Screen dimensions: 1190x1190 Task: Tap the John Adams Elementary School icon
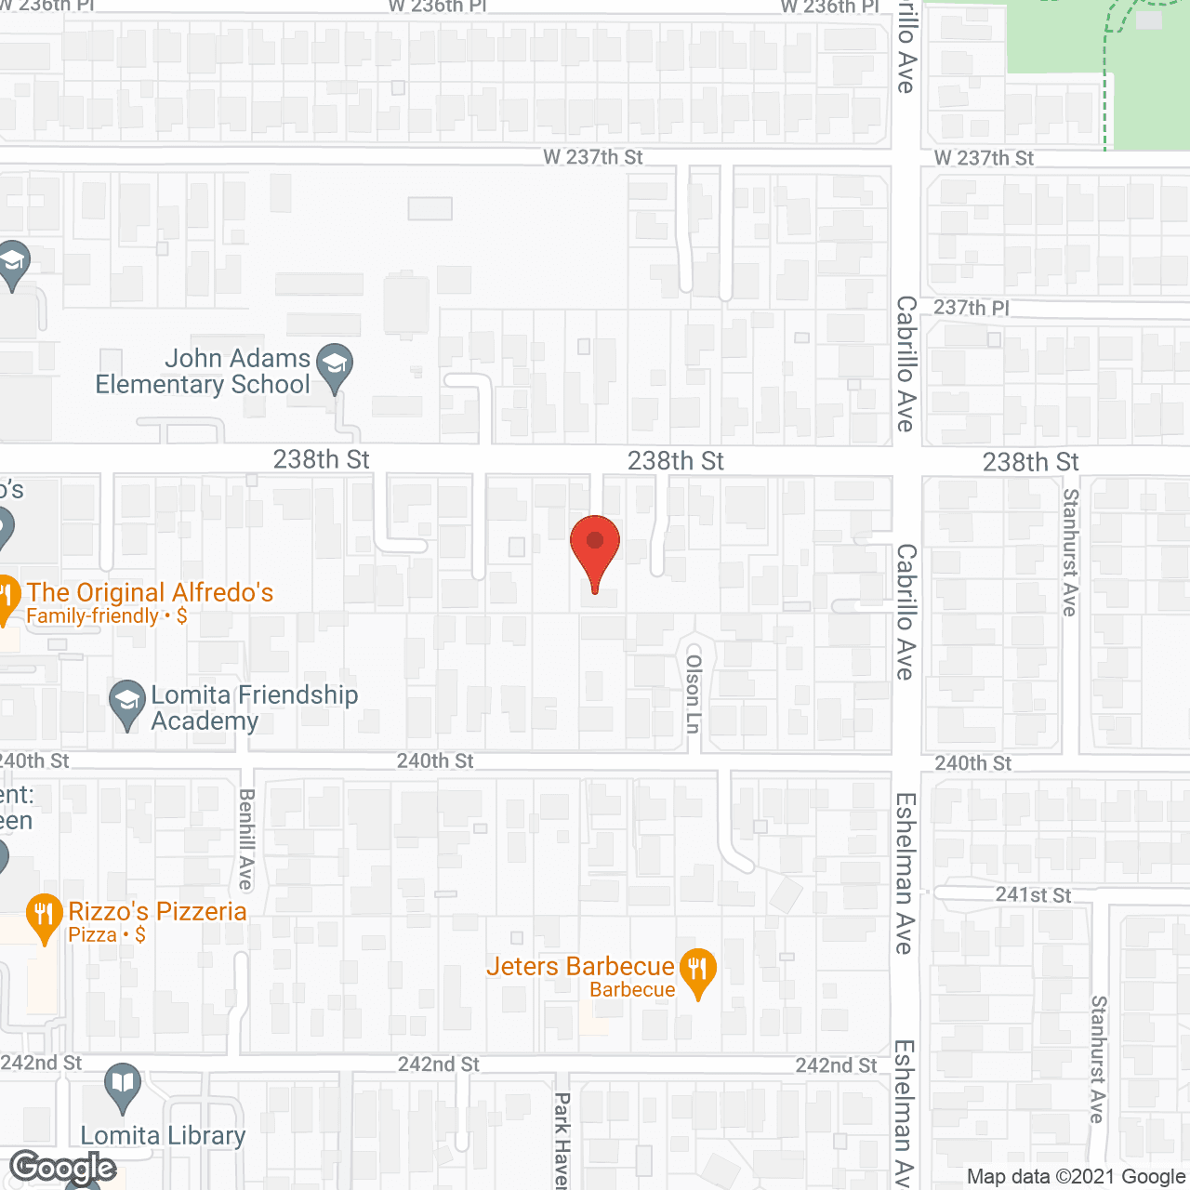click(335, 365)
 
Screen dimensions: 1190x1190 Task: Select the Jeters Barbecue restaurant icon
click(698, 971)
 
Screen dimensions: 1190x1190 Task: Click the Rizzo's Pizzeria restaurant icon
click(44, 916)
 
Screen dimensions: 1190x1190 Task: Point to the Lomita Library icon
click(123, 1085)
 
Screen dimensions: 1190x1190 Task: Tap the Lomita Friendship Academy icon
click(126, 703)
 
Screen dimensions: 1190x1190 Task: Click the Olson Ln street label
click(693, 694)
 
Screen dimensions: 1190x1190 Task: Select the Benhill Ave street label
click(246, 839)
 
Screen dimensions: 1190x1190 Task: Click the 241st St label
click(1033, 895)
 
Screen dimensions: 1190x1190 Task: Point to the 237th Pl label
click(971, 308)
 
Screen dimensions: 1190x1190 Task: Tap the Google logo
click(63, 1168)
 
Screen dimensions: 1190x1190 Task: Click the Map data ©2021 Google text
click(1076, 1177)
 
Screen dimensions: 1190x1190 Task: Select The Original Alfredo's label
click(150, 592)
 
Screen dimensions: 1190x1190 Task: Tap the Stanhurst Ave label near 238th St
click(1070, 552)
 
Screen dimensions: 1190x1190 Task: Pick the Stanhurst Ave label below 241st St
click(1099, 1059)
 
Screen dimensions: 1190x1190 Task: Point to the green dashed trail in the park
click(1106, 84)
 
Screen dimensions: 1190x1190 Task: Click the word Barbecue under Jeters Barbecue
click(632, 990)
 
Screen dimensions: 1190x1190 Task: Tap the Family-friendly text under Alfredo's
click(92, 616)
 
